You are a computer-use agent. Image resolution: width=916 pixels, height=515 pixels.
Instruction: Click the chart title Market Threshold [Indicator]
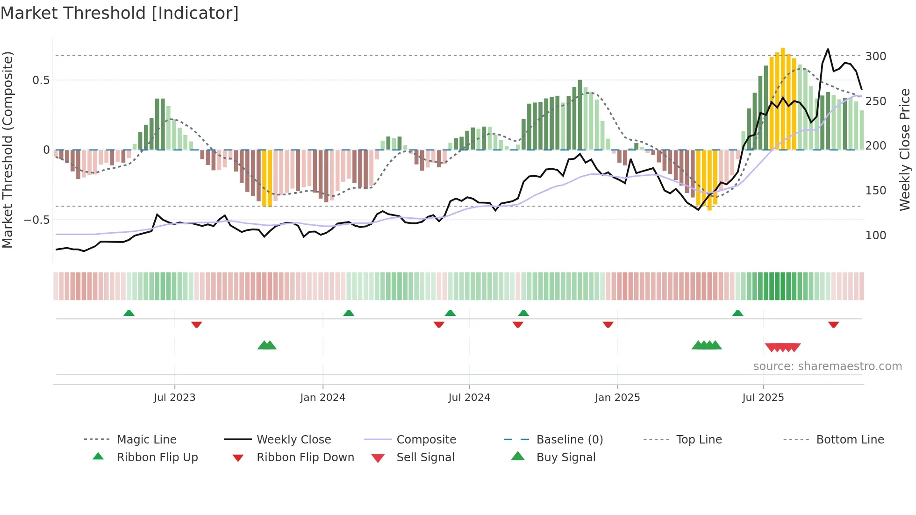tap(120, 13)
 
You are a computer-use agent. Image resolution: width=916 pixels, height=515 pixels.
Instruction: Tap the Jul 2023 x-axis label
tap(174, 398)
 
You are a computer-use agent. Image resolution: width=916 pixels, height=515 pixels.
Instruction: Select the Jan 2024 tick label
tap(322, 398)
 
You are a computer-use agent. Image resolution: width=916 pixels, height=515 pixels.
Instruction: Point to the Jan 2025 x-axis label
tap(617, 398)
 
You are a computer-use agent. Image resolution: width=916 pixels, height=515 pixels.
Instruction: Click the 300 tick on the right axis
tap(875, 57)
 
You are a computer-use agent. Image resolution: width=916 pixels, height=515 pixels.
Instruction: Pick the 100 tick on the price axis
tap(875, 236)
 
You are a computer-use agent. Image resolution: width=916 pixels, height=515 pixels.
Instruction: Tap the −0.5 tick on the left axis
tap(37, 220)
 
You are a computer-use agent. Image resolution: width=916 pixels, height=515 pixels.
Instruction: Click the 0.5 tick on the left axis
tap(41, 80)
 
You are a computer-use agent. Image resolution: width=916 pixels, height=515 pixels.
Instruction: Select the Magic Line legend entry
tap(146, 440)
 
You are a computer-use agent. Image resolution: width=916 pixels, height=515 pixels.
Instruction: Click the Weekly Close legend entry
tap(293, 440)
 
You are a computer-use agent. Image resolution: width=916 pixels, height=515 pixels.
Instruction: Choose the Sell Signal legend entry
tap(425, 458)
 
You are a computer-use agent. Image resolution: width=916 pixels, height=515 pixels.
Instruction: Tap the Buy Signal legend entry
tap(565, 458)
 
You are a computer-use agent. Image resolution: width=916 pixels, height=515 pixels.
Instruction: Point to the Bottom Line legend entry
tap(850, 440)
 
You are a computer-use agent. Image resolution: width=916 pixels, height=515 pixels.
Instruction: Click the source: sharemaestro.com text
tap(827, 366)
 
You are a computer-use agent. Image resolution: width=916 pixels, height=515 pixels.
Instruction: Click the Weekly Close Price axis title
tap(905, 150)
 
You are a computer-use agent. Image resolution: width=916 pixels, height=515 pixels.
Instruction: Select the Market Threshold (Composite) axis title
tap(7, 150)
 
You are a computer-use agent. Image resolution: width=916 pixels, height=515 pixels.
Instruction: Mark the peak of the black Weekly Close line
tap(828, 49)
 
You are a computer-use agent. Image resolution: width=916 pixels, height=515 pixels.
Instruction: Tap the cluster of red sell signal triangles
tap(783, 347)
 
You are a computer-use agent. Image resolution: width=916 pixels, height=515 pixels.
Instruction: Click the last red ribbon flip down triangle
tap(833, 325)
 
